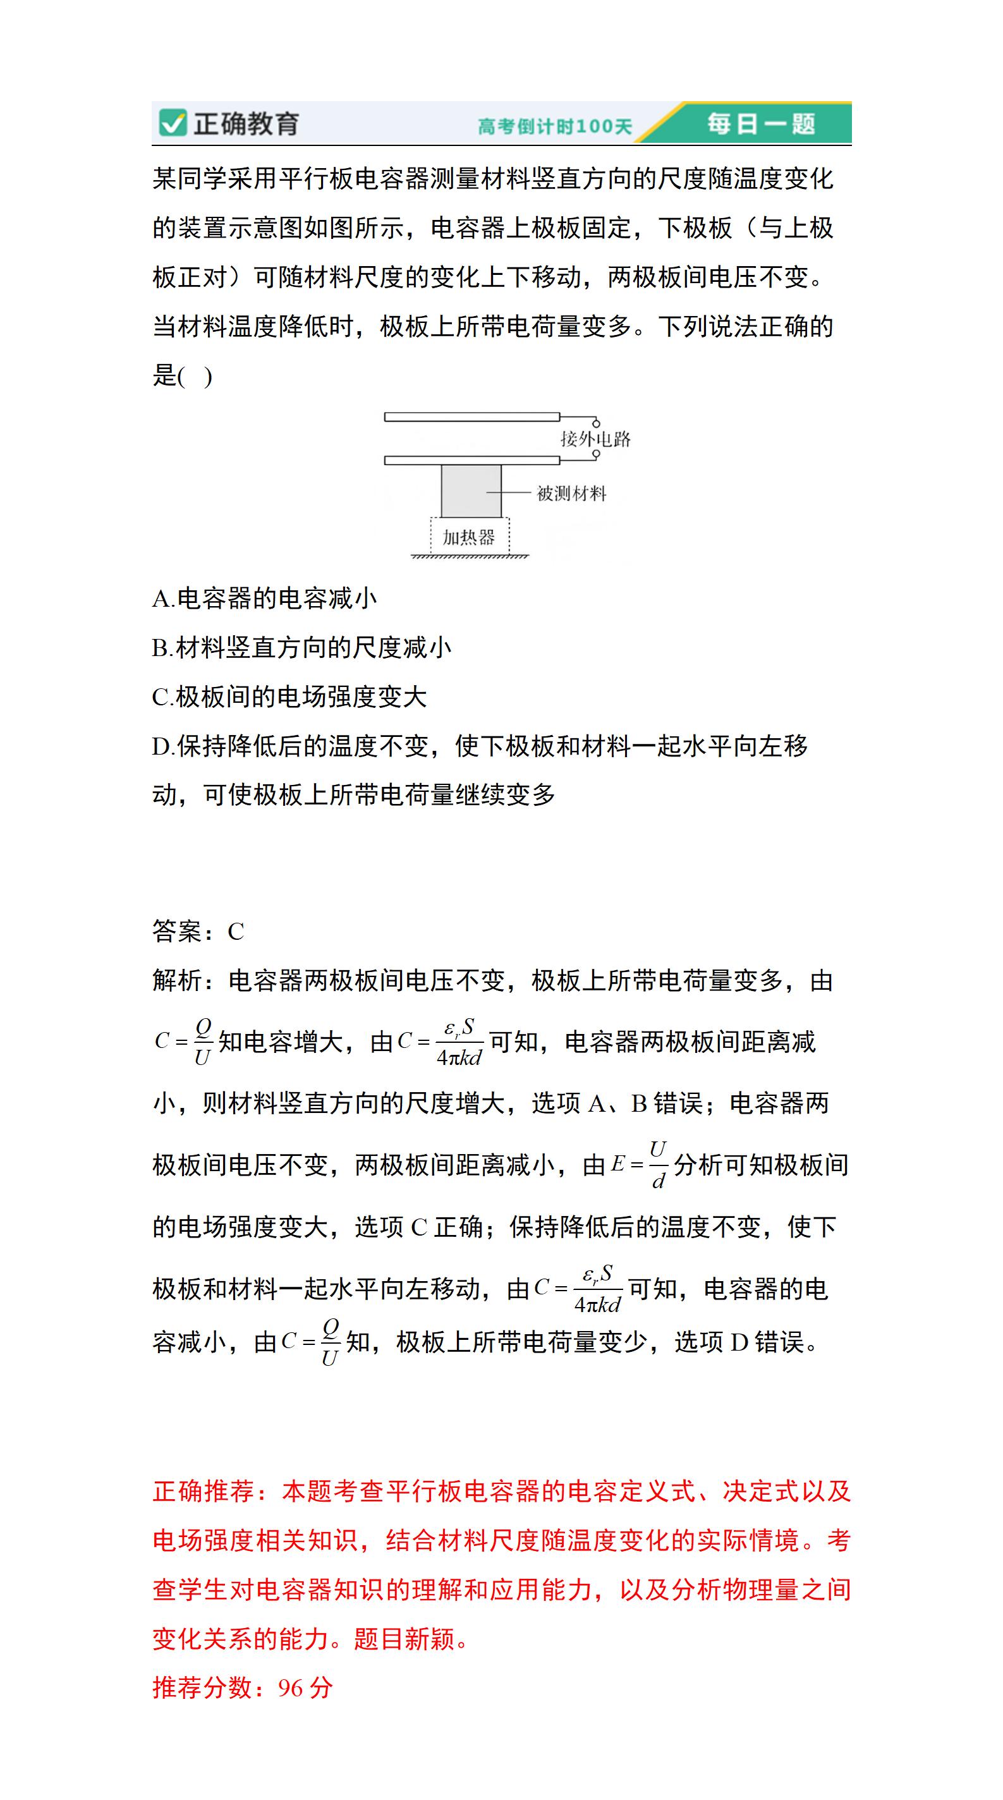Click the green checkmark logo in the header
tap(171, 123)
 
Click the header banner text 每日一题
tap(760, 124)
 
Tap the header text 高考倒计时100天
tap(554, 126)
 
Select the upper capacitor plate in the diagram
tap(471, 417)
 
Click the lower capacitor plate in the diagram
tap(471, 459)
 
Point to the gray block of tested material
tap(470, 491)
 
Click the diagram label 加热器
tap(468, 537)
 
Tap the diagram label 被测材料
tap(571, 494)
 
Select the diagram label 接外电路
tap(595, 439)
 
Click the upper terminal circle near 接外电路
tap(596, 423)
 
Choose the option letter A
tap(161, 599)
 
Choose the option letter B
tap(161, 648)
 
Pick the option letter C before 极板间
tap(161, 696)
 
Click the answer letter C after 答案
tap(236, 932)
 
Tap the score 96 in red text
tap(290, 1688)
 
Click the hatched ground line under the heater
tap(470, 556)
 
